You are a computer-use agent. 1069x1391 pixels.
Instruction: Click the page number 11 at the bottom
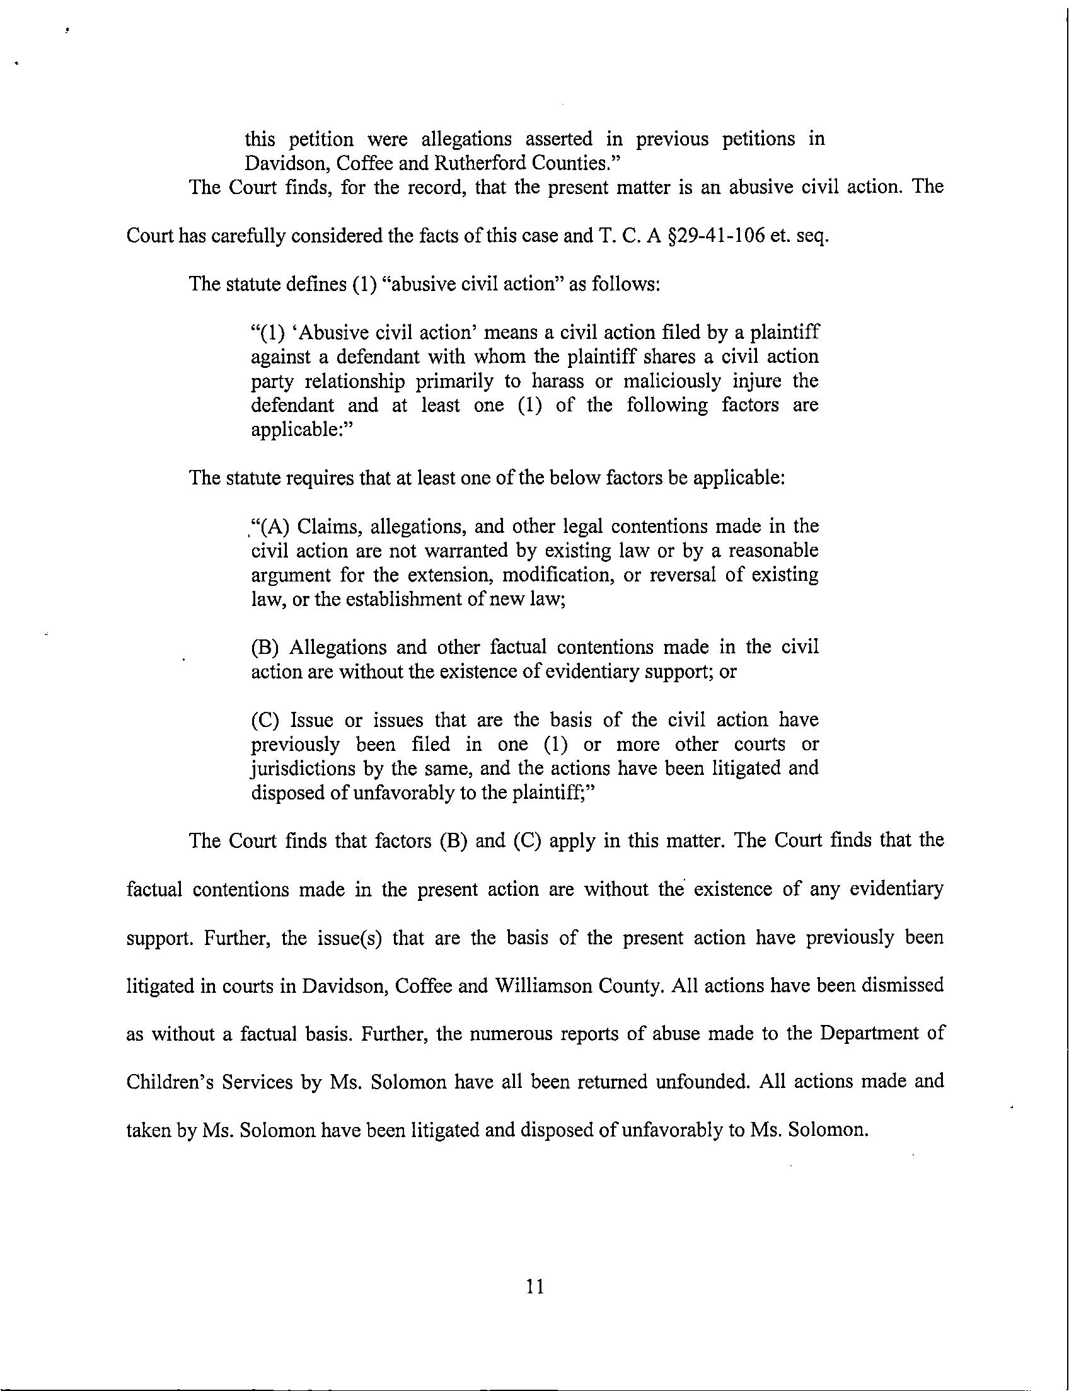[x=535, y=1286]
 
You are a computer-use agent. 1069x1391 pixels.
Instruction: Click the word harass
[x=553, y=381]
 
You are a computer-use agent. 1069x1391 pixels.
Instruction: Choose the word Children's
[x=168, y=1082]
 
